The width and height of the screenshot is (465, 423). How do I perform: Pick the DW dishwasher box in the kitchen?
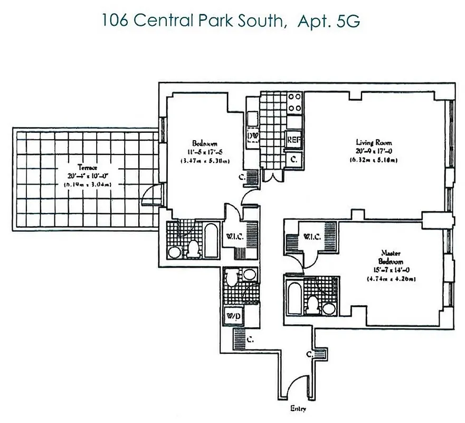click(x=253, y=136)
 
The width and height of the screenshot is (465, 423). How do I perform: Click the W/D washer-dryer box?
click(x=232, y=316)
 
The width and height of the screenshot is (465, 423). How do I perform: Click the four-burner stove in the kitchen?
click(x=295, y=102)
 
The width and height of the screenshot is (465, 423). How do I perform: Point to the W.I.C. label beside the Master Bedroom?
click(x=312, y=237)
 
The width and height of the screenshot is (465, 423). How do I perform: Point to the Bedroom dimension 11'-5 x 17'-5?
click(x=205, y=152)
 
